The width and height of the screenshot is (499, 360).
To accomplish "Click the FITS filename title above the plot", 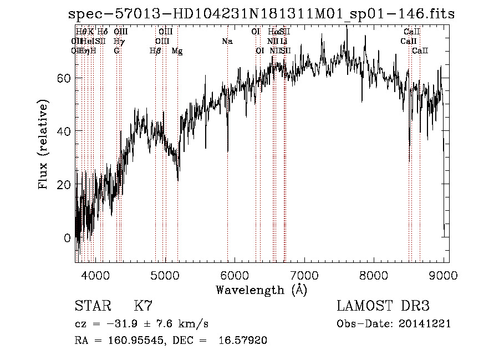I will (x=267, y=14).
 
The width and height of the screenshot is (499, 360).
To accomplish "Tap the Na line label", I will (x=227, y=42).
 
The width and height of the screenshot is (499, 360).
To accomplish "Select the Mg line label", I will (x=177, y=51).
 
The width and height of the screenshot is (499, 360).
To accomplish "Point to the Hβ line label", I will (x=155, y=51).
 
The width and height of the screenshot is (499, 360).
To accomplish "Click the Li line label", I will (x=283, y=42).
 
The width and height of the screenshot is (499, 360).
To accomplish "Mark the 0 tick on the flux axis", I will (x=67, y=238).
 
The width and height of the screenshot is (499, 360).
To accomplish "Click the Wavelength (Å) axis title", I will (x=261, y=290).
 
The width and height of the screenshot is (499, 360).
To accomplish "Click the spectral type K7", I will (x=143, y=306).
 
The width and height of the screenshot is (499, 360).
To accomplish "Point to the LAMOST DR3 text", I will (x=383, y=306).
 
